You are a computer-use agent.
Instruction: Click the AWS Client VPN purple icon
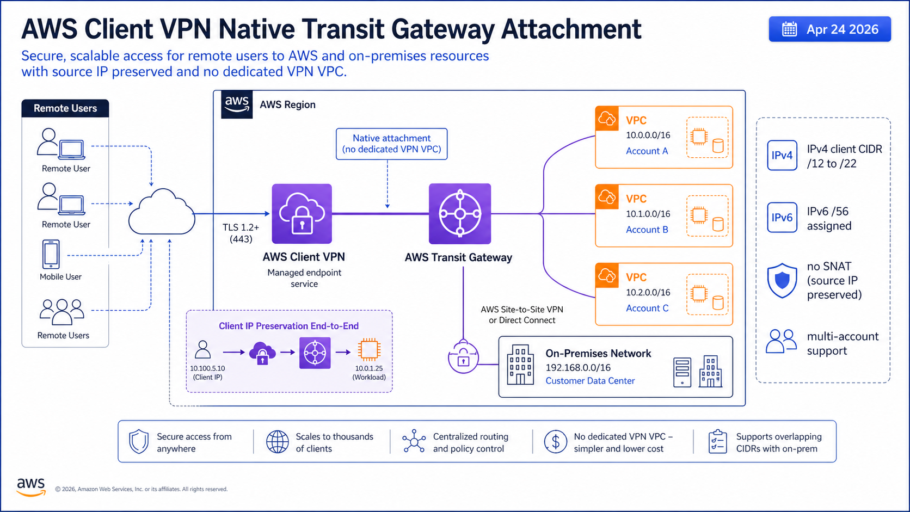point(302,213)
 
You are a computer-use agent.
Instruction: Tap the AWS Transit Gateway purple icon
point(460,213)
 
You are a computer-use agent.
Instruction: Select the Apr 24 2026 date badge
point(829,29)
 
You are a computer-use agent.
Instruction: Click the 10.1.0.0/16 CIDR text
point(648,214)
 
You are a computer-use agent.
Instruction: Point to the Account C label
point(647,308)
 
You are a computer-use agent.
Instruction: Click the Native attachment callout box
point(391,144)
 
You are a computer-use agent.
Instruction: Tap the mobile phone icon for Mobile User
point(51,254)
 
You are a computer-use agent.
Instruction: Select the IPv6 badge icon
point(782,218)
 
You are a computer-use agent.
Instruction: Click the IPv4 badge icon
point(782,155)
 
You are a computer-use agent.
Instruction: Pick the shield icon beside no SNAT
point(782,281)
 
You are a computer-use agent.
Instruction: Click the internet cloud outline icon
point(162,213)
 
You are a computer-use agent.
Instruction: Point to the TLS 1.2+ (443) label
point(241,233)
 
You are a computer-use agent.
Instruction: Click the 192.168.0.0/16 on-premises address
point(578,368)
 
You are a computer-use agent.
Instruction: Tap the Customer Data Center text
point(590,381)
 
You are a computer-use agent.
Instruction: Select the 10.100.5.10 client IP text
point(207,368)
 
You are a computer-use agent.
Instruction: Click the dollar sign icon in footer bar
point(555,442)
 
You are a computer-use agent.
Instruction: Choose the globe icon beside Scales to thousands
point(277,442)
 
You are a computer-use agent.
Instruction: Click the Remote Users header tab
point(65,108)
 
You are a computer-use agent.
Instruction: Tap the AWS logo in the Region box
point(237,104)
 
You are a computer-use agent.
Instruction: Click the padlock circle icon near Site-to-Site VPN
point(463,357)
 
